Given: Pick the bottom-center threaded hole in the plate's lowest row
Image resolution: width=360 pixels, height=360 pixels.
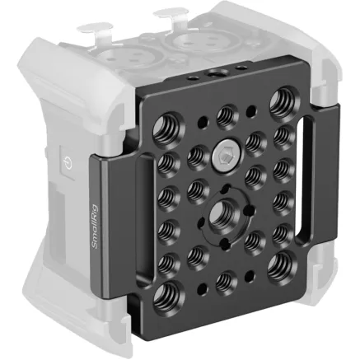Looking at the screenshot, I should pos(222,284).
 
